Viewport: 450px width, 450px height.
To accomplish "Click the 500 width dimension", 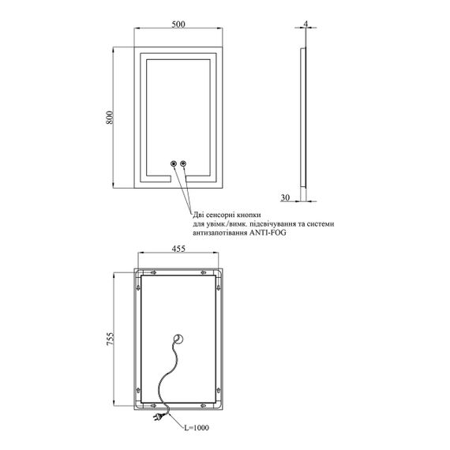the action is pos(178,24).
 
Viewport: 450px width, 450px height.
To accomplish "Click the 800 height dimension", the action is pos(110,117).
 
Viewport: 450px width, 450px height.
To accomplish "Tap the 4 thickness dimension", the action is pos(306,24).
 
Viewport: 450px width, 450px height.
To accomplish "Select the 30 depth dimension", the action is pos(285,197).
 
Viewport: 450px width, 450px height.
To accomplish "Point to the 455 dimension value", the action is pos(178,249).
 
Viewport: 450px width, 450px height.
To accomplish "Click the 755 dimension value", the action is pos(111,339).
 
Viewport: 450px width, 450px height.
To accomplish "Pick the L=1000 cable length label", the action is pos(197,428).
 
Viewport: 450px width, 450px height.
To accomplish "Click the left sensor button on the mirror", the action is pos(174,163).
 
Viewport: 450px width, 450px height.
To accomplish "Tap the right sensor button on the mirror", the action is pos(183,163).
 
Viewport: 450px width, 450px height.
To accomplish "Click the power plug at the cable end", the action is pos(158,416).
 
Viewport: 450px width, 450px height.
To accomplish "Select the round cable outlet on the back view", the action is pos(178,339).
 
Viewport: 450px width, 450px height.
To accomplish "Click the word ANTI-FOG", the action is pos(268,232).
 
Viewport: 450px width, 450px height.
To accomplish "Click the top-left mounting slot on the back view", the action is pos(153,272).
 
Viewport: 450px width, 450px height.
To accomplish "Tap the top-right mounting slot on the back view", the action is pos(204,272).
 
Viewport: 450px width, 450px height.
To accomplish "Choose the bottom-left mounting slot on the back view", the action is pos(153,406).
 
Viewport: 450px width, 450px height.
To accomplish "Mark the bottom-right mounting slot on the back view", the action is pos(204,406).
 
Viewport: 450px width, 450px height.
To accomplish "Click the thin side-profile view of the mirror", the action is pos(303,118).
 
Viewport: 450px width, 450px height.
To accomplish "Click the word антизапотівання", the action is pos(219,233).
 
